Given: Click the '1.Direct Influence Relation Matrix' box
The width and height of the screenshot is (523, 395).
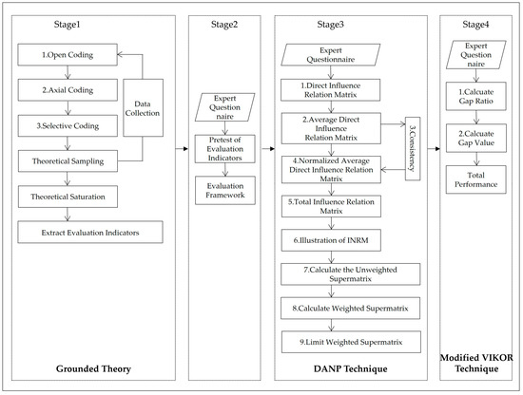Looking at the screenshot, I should (332, 92).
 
